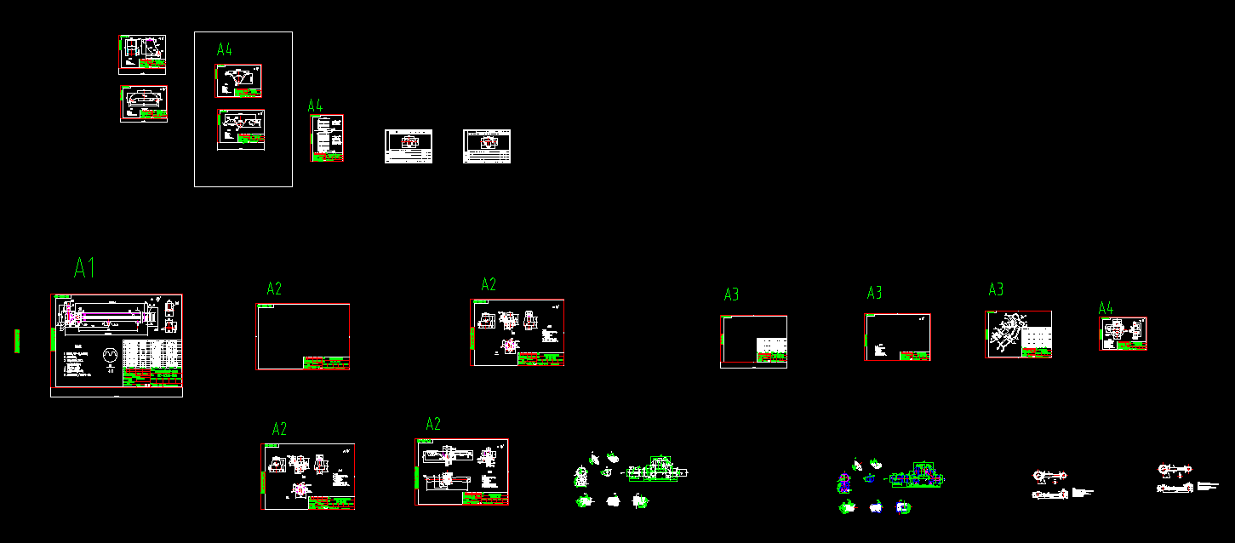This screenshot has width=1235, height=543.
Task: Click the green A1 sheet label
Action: pos(84,267)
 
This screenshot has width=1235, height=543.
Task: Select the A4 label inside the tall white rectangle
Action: pos(225,49)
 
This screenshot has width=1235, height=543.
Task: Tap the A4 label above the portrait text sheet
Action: pos(315,106)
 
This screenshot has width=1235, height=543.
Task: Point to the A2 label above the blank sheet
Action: pos(274,289)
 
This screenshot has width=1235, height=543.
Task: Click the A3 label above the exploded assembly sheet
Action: pos(996,290)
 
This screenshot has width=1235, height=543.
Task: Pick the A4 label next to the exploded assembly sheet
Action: pos(1106,307)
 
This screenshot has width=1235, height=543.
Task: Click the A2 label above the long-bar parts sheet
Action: pos(433,424)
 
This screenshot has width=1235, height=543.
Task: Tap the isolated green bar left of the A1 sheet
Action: pos(16,340)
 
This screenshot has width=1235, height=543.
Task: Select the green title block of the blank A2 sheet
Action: pos(326,363)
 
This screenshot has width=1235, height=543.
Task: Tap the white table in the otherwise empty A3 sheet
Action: pos(772,347)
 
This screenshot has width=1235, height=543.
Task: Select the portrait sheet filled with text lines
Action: pos(328,138)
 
